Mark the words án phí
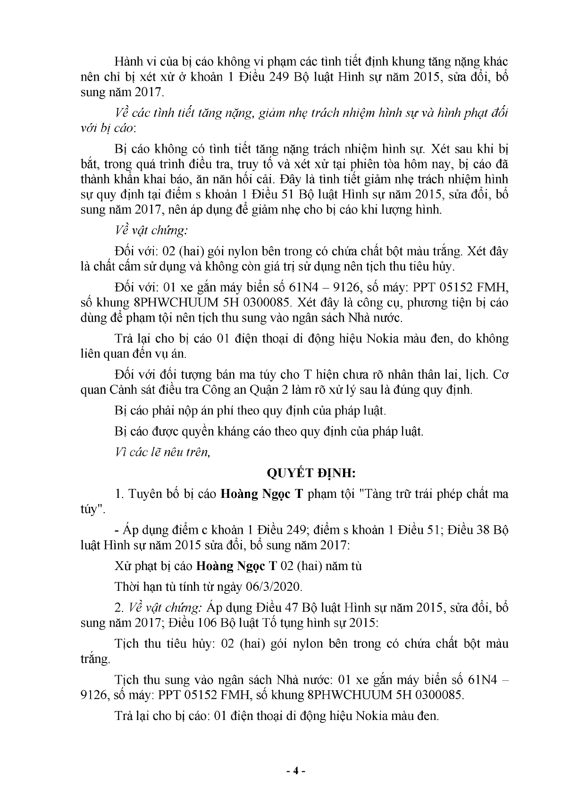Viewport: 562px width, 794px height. coord(203,411)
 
